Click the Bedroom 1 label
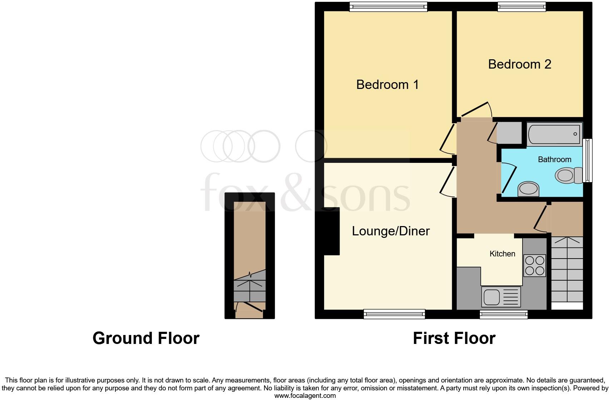tap(387, 85)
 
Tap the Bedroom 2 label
tap(519, 64)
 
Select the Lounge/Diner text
tap(391, 231)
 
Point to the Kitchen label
tap(502, 254)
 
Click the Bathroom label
tap(554, 160)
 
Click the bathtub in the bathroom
tap(554, 134)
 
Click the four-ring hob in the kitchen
tap(535, 265)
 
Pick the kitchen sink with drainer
tap(501, 297)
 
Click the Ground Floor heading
tap(146, 338)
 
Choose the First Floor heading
tap(454, 338)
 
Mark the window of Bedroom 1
tap(388, 6)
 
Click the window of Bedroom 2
tap(522, 6)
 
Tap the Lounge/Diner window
tap(394, 314)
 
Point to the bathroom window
tap(588, 160)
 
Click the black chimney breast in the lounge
tap(331, 231)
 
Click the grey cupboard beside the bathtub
tap(510, 133)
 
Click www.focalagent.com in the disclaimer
tap(305, 396)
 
